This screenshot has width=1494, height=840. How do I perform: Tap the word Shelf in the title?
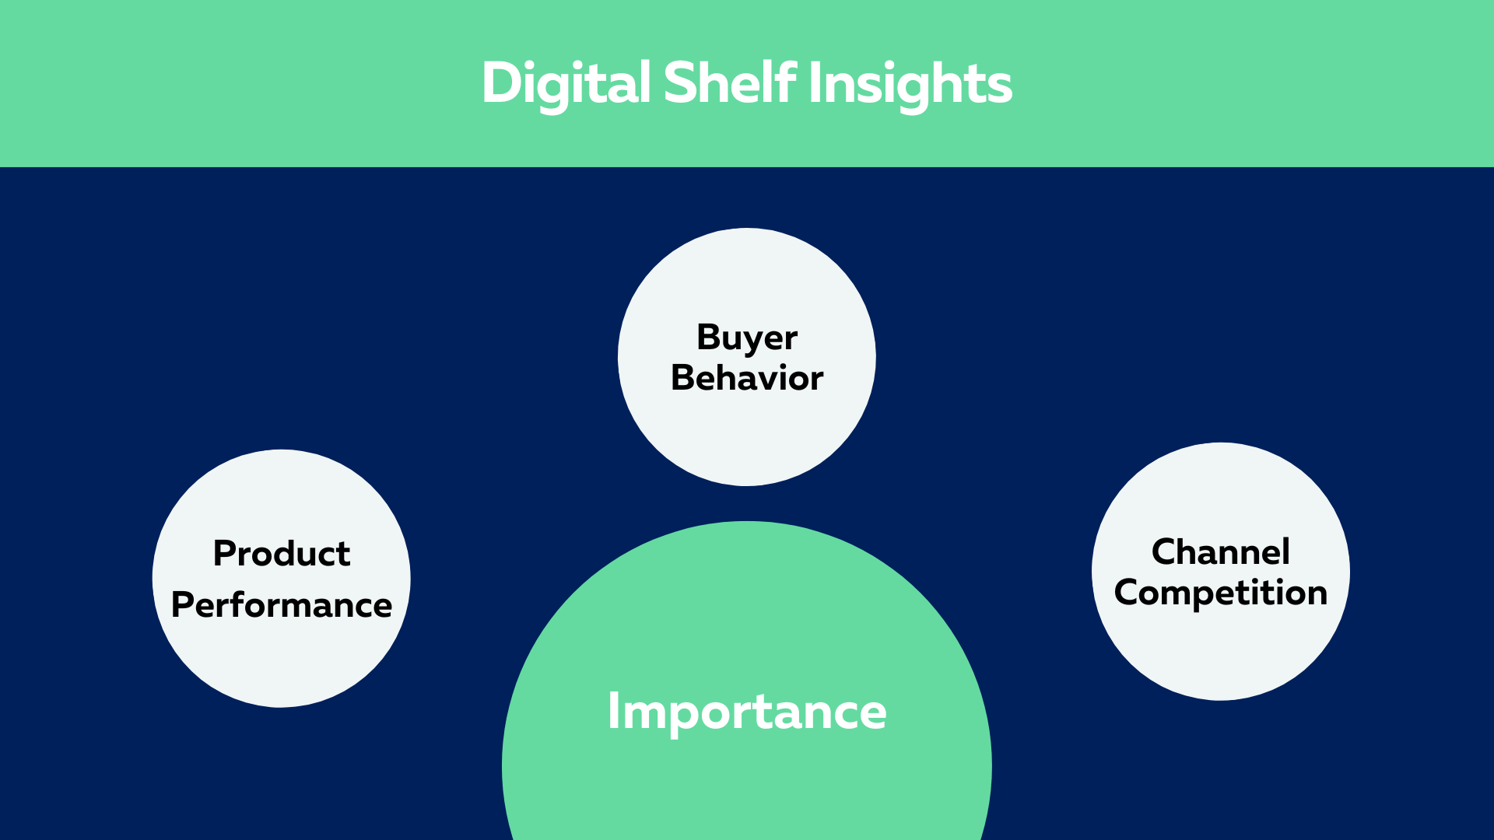point(730,82)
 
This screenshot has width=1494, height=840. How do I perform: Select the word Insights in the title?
point(911,84)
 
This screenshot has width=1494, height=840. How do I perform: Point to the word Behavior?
point(747,377)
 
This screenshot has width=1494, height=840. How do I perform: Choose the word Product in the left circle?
point(282,553)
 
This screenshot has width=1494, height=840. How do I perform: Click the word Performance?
point(282,604)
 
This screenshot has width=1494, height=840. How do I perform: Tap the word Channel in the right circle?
point(1221,551)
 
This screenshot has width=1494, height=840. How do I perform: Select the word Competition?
point(1221,593)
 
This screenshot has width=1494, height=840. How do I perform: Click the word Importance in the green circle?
point(747,712)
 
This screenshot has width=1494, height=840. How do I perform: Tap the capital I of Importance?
point(613,711)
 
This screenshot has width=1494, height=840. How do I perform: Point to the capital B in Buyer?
point(710,338)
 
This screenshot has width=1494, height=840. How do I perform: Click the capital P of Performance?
point(183,604)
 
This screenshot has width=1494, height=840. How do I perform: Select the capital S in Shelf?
point(680,82)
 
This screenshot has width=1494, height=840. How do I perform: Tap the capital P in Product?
point(225,553)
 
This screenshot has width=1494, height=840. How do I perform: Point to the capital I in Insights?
point(815,82)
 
